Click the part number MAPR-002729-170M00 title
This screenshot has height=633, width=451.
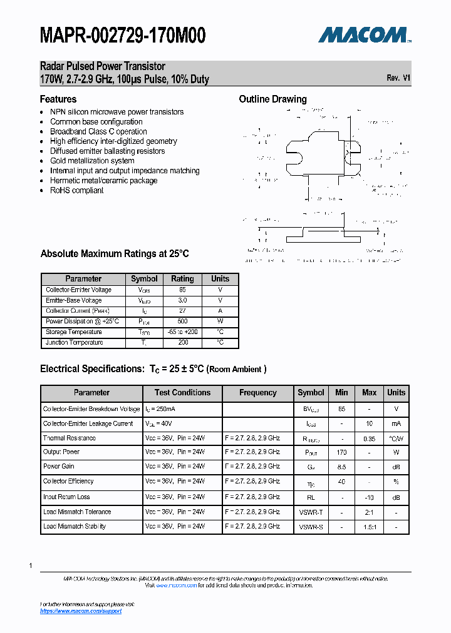(x=123, y=36)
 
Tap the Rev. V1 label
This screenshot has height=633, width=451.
(x=398, y=78)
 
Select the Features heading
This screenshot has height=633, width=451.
(x=58, y=99)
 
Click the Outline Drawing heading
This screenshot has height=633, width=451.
(x=273, y=99)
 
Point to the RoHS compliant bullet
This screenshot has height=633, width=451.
(x=77, y=190)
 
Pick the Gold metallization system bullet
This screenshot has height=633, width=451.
(x=92, y=161)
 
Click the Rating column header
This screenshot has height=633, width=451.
(x=182, y=278)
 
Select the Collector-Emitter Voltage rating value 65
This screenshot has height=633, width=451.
(x=182, y=290)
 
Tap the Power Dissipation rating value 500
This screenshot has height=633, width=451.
(x=182, y=322)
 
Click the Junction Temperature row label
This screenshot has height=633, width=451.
(x=75, y=343)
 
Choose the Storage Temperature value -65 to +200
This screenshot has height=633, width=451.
(x=182, y=332)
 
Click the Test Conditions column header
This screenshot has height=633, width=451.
(x=182, y=393)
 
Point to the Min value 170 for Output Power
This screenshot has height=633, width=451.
(x=341, y=452)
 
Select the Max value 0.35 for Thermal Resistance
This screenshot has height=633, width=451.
(x=369, y=438)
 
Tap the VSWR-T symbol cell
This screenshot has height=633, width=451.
(x=311, y=512)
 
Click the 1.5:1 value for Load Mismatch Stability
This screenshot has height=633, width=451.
(x=369, y=527)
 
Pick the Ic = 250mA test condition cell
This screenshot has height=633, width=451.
(x=160, y=409)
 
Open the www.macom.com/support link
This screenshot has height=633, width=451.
(x=81, y=611)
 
